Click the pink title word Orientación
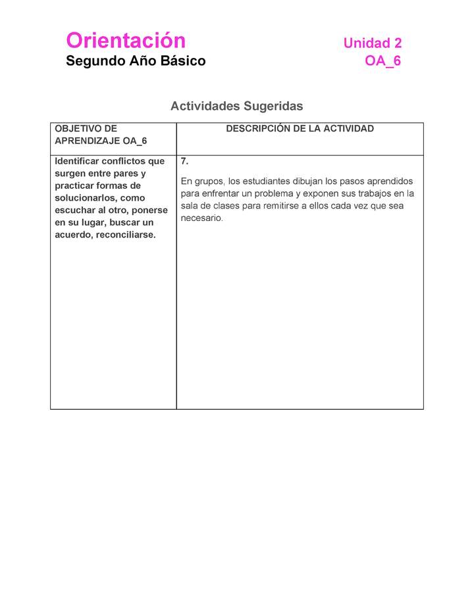coord(126,41)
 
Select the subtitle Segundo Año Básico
coord(136,61)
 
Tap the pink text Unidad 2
coord(372,43)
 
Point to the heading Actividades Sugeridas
coord(236,106)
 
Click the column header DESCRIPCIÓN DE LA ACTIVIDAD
coord(300,129)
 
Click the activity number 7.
coord(185,161)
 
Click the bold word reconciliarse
coord(125,235)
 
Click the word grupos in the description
coord(209,181)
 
